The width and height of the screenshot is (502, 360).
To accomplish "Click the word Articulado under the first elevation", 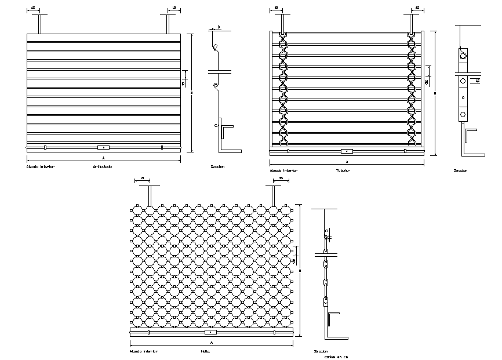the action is click(x=103, y=166).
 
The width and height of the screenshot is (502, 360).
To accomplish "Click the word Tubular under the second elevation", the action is click(x=344, y=170).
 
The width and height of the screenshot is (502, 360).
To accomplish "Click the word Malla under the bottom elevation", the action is click(x=205, y=351).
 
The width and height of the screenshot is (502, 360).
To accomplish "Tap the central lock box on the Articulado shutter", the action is click(x=103, y=147).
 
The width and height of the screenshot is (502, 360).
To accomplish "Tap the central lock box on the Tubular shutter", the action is click(x=347, y=151).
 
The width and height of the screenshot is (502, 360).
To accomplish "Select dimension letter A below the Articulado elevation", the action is click(x=103, y=157).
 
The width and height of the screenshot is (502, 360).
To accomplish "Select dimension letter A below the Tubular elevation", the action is click(x=347, y=161).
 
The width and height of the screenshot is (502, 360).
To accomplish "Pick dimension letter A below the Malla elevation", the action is click(x=211, y=343).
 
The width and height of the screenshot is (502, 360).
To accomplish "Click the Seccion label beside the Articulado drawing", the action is click(x=217, y=166).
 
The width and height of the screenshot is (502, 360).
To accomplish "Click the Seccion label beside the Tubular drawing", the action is click(x=461, y=170).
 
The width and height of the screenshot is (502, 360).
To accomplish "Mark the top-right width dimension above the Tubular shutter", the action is click(x=416, y=8).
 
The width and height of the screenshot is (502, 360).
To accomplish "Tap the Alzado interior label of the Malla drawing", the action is click(x=143, y=351).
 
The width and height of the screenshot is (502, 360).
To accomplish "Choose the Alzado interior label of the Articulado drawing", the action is click(x=41, y=166).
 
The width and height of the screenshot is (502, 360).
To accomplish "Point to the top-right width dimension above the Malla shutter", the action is click(x=281, y=179).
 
